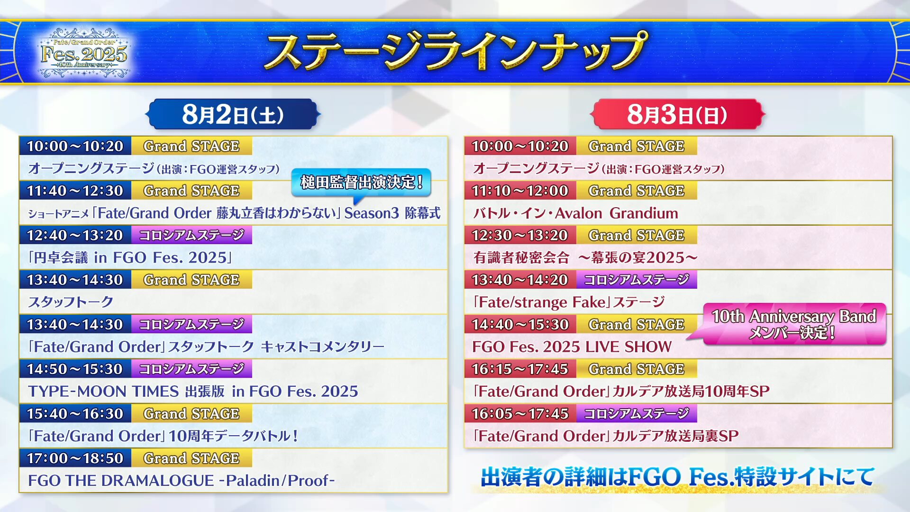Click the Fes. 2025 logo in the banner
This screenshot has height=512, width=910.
coord(84,53)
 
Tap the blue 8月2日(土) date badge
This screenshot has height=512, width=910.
coord(233,114)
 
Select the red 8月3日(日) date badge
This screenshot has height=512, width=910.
coord(677,114)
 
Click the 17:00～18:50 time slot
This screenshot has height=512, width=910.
coord(75,458)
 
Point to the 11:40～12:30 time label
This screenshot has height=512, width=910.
coord(75,191)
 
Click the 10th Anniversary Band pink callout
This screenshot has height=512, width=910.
coord(793,324)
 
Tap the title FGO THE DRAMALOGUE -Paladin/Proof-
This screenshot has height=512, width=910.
coord(181,480)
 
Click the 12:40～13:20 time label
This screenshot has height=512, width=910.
coord(75,235)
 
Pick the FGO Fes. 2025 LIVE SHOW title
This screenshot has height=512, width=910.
coord(572,347)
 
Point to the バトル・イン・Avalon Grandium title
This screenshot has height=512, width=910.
coord(575,213)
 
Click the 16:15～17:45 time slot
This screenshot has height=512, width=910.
coord(520,369)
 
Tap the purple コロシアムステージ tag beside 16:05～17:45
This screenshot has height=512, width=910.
coord(637,413)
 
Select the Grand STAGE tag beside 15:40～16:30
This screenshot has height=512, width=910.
coord(191,413)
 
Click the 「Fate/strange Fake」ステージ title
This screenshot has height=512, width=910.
coord(569,302)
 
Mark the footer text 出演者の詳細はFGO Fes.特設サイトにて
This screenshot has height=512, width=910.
coord(678,477)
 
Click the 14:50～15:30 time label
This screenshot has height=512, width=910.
coord(75,369)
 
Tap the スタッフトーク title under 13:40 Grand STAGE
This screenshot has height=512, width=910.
coord(71,302)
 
